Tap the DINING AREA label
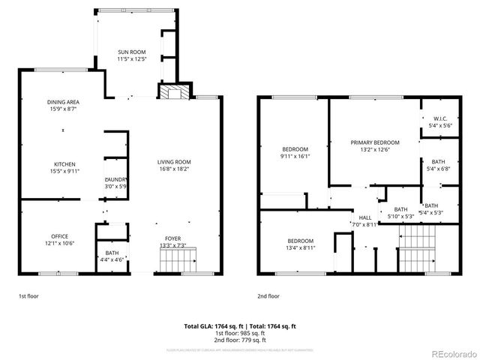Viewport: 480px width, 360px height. pos(63,102)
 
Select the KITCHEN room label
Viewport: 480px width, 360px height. pos(64,164)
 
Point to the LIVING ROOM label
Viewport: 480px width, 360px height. pos(174,163)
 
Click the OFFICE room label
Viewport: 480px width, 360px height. pos(59,236)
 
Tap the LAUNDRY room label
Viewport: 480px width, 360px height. pos(115,179)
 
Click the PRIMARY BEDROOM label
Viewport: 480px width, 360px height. pos(374,142)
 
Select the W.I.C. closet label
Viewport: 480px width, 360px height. pos(439,118)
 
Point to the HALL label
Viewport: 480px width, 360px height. pos(365,217)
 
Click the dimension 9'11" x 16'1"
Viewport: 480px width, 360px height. pos(295,157)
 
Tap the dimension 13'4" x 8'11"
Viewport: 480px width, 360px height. pos(300,247)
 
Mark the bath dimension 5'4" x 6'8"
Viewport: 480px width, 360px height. pos(439,169)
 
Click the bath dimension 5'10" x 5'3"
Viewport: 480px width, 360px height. pos(401,216)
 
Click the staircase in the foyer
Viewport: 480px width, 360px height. pos(177,262)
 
